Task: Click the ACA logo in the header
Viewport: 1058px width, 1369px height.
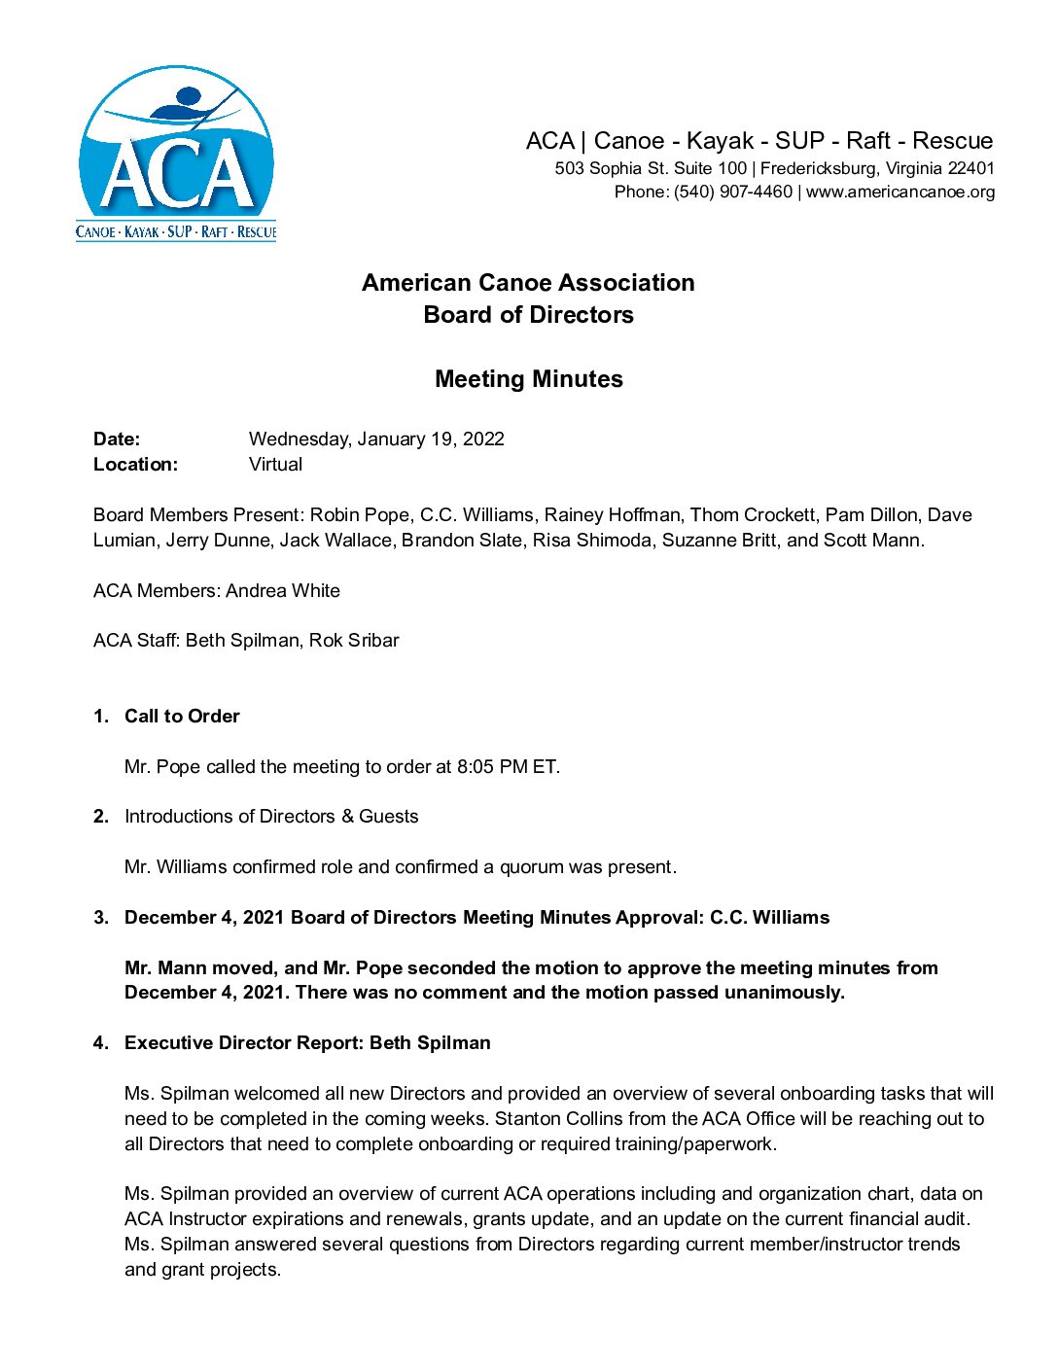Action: coord(176,154)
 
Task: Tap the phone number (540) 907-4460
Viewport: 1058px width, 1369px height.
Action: coord(733,193)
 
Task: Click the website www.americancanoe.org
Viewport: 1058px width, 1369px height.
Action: coord(900,193)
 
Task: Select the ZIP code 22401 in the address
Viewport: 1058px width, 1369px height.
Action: coord(971,168)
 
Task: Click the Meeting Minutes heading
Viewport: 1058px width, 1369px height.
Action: coord(528,379)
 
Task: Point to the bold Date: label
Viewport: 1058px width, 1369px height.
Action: coord(117,439)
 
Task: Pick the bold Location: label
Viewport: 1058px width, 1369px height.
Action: coord(135,465)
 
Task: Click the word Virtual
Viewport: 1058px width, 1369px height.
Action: coord(275,465)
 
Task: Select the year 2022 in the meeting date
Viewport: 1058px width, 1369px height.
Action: coord(483,439)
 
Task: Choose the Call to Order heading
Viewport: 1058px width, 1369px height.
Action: coord(182,717)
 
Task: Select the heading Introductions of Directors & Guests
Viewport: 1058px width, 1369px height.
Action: coord(271,817)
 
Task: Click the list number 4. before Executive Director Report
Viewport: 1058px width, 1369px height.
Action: coord(101,1043)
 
